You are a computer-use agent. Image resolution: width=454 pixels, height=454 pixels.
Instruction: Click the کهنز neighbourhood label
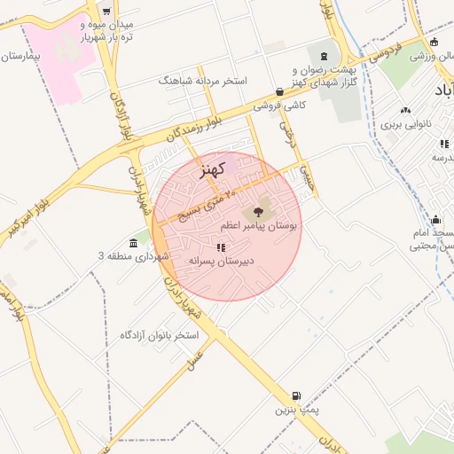214,168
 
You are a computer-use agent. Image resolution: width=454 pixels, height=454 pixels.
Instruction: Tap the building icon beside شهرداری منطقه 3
133,242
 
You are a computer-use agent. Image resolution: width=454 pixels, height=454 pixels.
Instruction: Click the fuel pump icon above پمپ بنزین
296,396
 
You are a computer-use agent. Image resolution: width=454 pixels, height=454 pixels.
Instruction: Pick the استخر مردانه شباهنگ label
202,81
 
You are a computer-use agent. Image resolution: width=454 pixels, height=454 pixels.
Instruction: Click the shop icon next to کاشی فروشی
280,90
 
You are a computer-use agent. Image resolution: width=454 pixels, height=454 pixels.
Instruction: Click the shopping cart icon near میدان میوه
106,12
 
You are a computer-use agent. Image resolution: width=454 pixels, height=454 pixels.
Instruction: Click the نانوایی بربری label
404,125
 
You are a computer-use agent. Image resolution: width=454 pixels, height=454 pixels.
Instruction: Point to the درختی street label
286,134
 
